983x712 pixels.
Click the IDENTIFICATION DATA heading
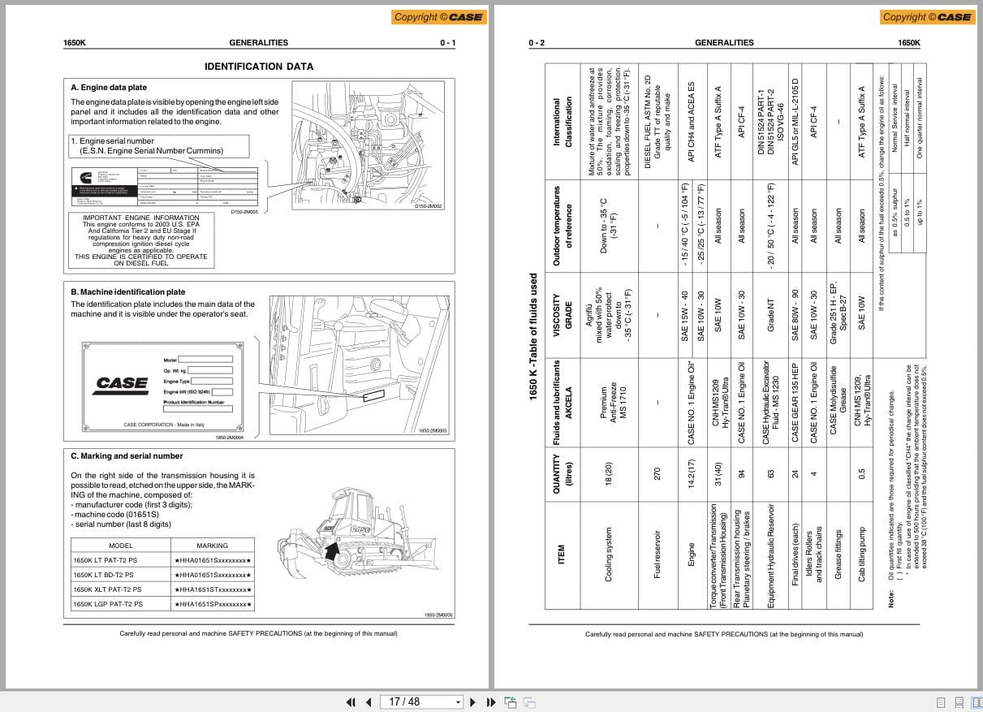click(258, 67)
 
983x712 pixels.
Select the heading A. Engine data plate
click(109, 88)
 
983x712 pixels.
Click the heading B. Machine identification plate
click(127, 292)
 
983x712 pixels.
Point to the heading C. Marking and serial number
click(127, 456)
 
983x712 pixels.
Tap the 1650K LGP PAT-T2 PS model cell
click(107, 604)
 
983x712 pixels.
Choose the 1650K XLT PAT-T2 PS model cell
click(107, 589)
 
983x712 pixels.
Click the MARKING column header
click(212, 546)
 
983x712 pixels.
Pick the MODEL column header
click(120, 546)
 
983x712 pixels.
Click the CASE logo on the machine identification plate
click(121, 382)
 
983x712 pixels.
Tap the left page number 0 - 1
click(448, 43)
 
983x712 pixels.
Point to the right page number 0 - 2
click(537, 43)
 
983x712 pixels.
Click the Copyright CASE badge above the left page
click(438, 16)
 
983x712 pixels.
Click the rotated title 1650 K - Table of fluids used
click(533, 335)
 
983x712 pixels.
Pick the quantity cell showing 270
click(657, 473)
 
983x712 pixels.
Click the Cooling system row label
click(609, 554)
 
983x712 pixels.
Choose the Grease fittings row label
click(839, 554)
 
